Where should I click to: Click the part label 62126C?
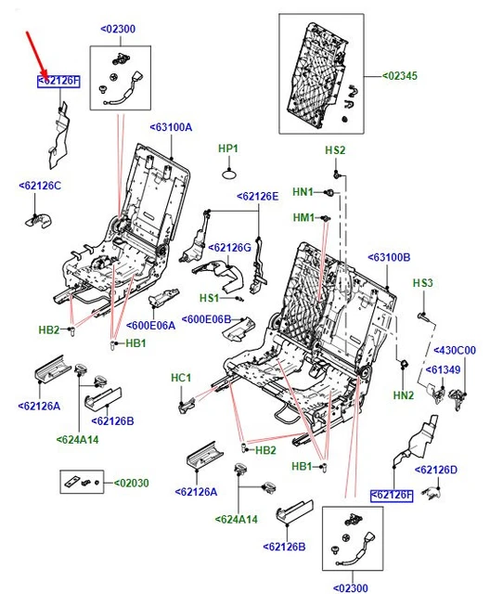40,186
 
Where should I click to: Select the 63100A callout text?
171,127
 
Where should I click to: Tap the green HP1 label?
228,148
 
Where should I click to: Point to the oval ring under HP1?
229,175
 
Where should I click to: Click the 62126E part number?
257,196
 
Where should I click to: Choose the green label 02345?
399,76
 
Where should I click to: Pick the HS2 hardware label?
335,150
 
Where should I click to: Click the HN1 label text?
303,192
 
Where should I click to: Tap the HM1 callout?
303,217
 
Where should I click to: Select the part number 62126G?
230,248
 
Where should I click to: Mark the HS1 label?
210,298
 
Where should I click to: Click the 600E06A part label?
150,326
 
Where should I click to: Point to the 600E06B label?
206,319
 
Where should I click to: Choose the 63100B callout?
389,258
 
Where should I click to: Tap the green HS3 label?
422,283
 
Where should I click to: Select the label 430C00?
455,351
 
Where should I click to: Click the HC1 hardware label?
181,378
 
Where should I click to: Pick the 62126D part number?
436,470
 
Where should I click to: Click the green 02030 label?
132,483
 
